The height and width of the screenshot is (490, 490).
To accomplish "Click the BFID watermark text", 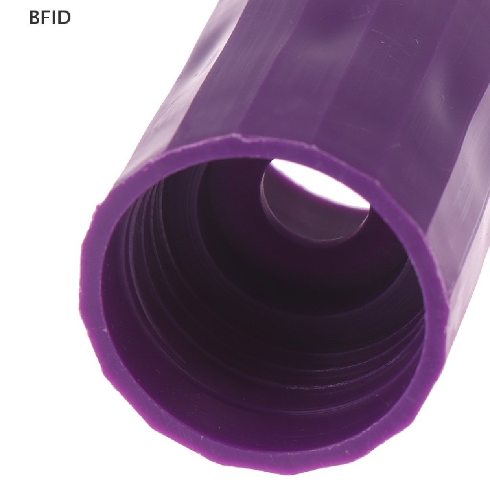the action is point(50,18).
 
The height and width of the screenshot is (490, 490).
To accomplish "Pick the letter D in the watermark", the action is point(65,18).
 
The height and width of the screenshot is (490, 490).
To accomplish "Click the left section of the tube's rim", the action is point(94,281).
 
